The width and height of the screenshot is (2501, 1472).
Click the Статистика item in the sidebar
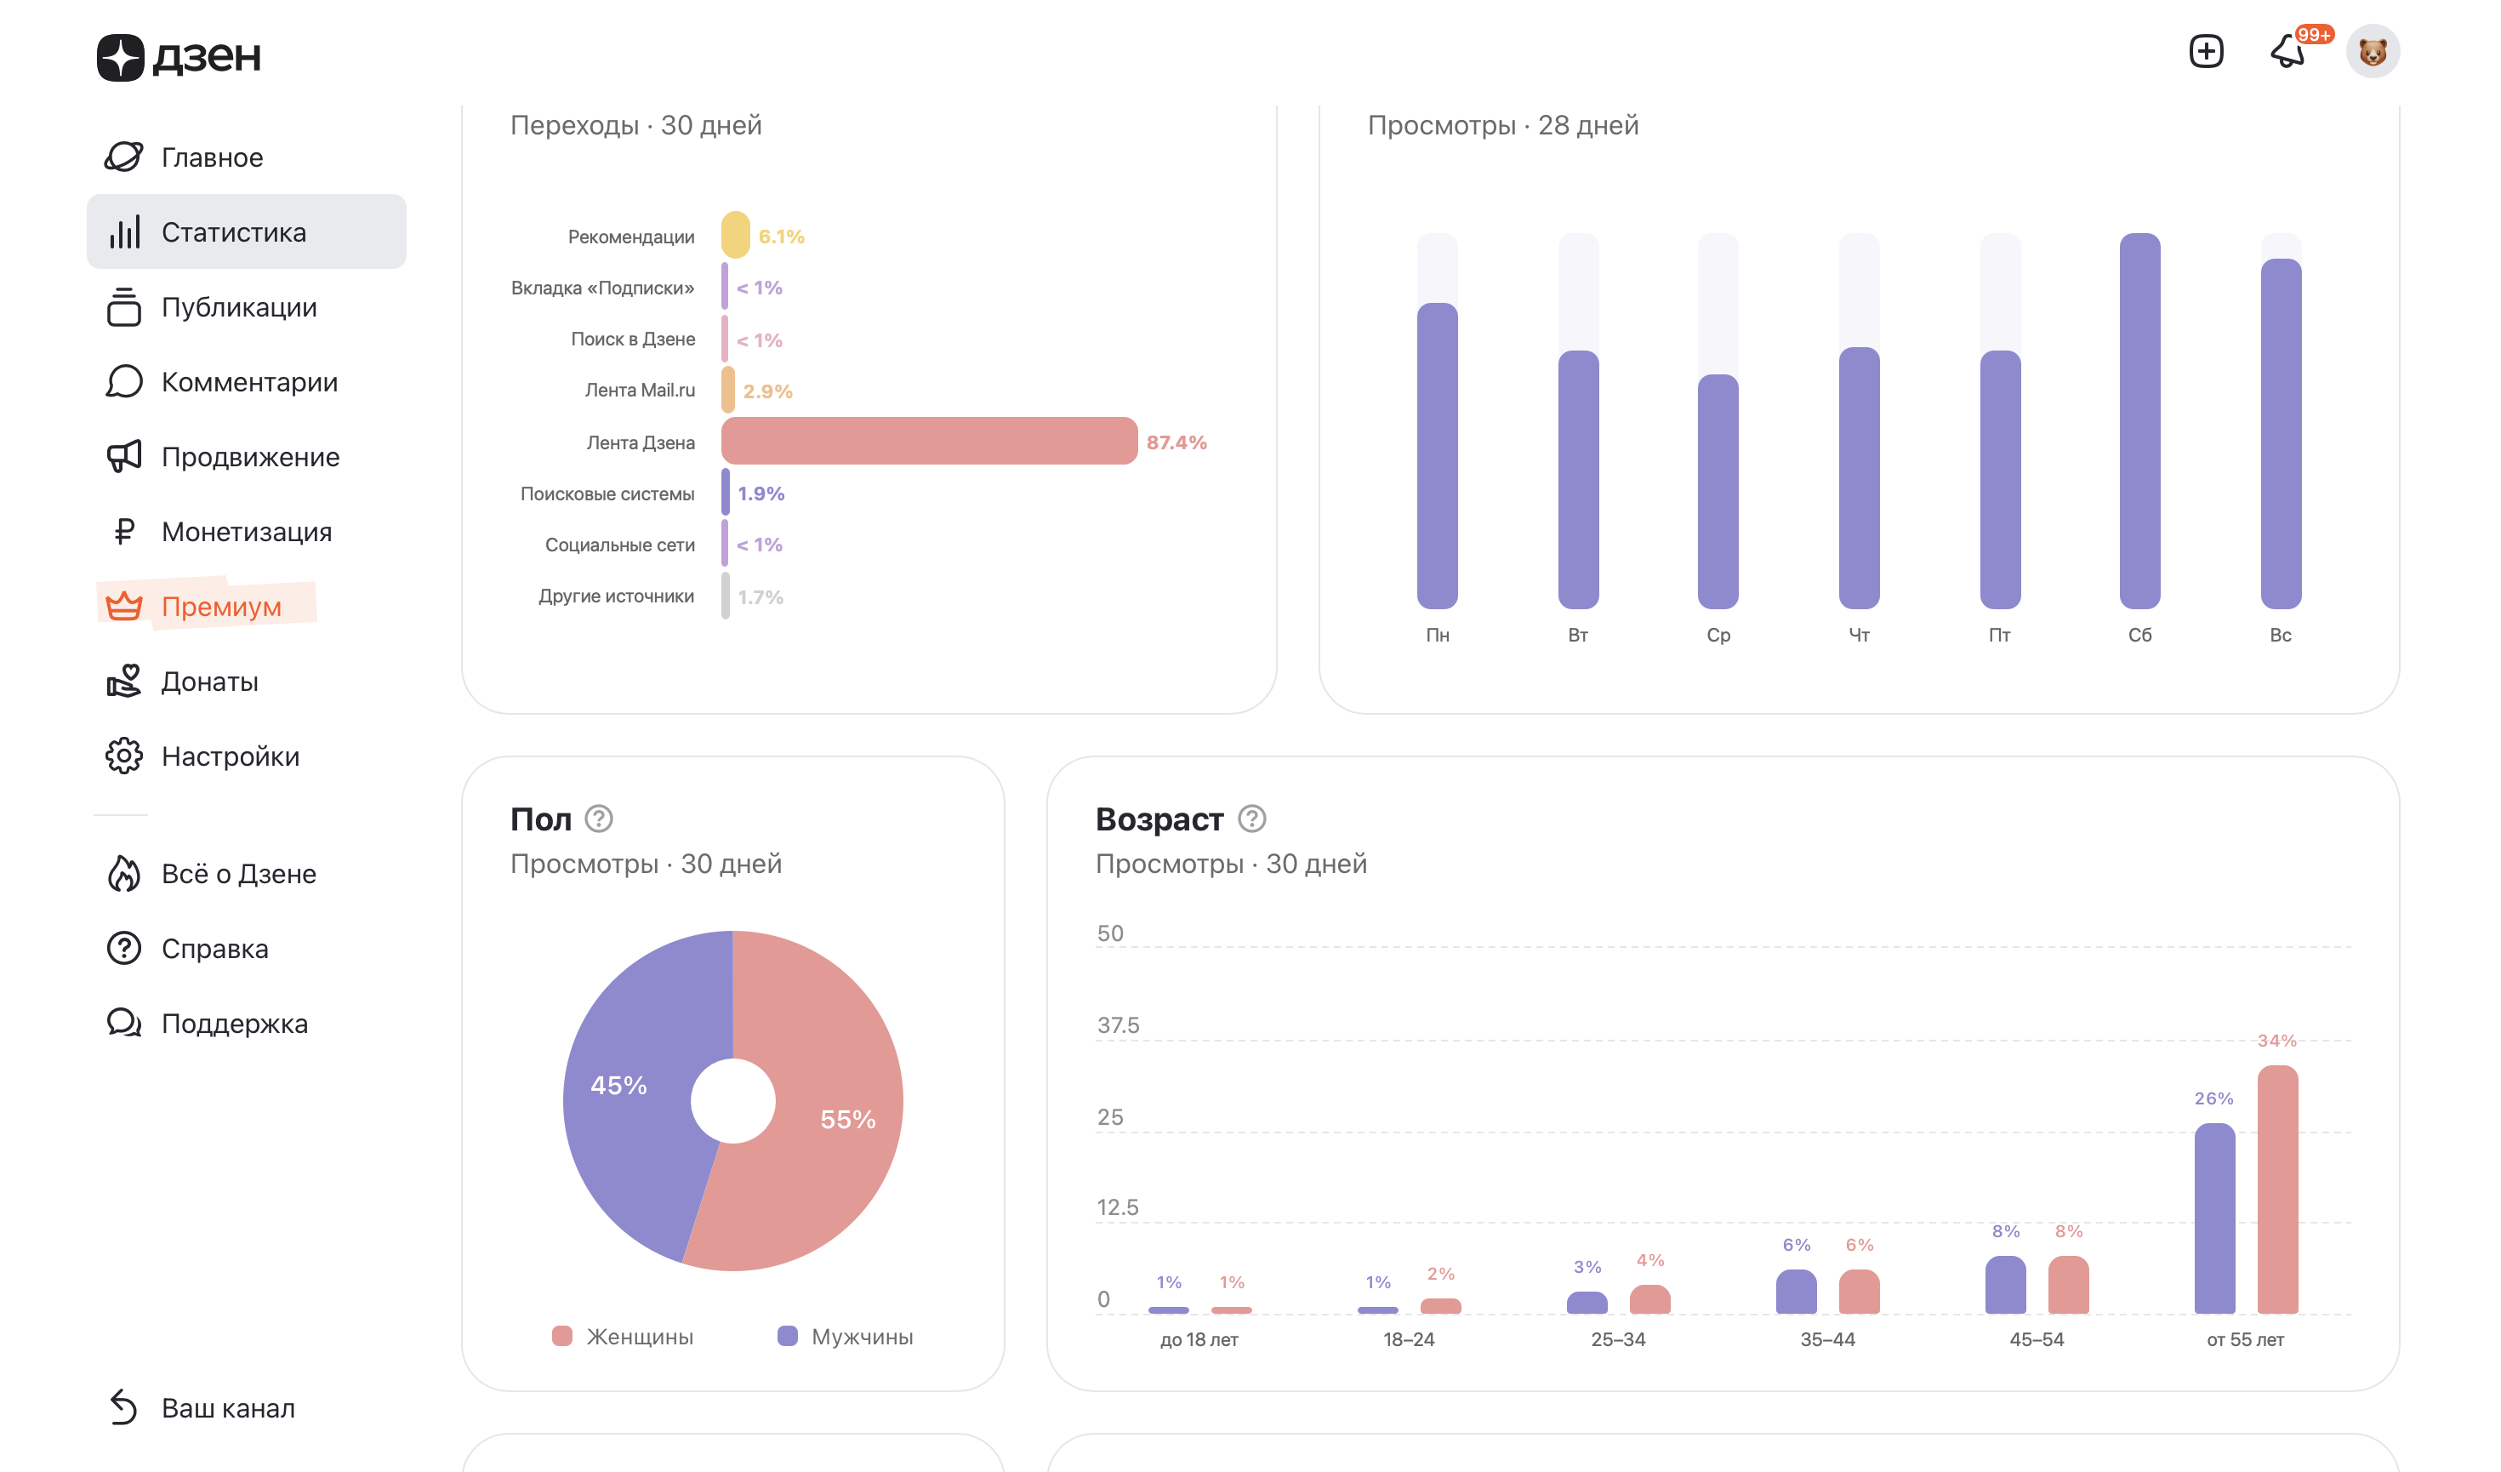pyautogui.click(x=233, y=232)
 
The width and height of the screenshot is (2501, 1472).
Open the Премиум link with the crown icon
pyautogui.click(x=220, y=607)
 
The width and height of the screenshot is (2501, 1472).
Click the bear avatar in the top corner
pyautogui.click(x=2373, y=52)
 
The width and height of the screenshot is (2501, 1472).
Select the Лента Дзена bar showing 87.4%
pyautogui.click(x=929, y=442)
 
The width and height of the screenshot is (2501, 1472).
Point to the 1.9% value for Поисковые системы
pyautogui.click(x=761, y=494)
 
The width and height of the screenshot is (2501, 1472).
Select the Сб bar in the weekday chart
pyautogui.click(x=2139, y=422)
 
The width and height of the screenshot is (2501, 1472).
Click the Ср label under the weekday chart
pyautogui.click(x=1718, y=636)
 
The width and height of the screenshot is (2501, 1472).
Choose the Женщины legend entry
pyautogui.click(x=639, y=1337)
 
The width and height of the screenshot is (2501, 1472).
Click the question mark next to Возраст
pyautogui.click(x=1251, y=819)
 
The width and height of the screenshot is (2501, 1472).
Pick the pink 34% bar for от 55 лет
pyautogui.click(x=2278, y=1190)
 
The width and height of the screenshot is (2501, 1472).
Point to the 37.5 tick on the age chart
pyautogui.click(x=1119, y=1025)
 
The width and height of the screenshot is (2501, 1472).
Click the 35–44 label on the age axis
pyautogui.click(x=1827, y=1340)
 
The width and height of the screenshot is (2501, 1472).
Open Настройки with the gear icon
pyautogui.click(x=231, y=756)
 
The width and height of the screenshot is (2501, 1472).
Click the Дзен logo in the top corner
pyautogui.click(x=179, y=56)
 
